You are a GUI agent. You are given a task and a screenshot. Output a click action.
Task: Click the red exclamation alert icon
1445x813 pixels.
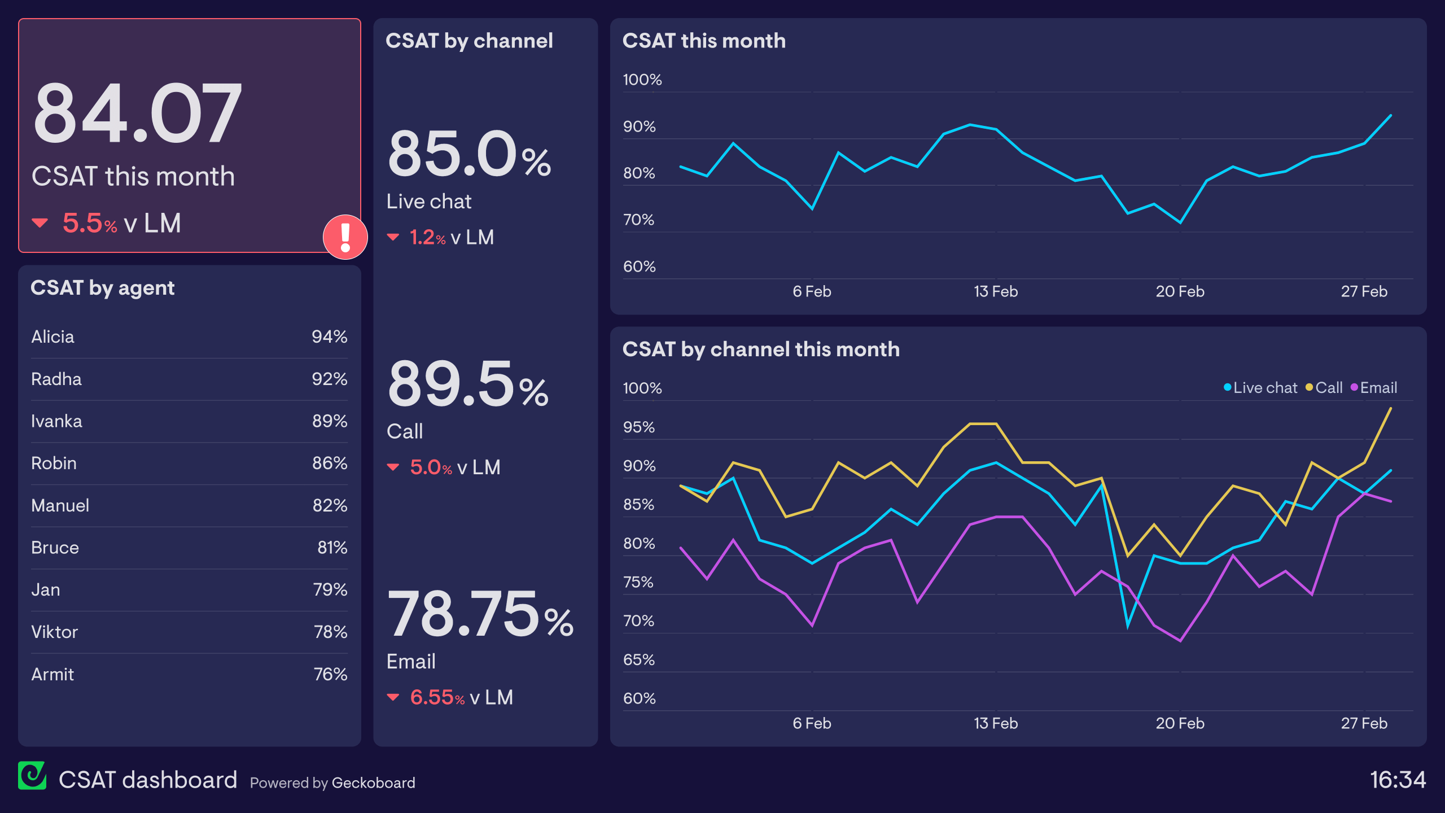click(x=345, y=237)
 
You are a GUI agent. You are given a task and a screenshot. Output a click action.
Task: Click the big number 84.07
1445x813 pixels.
click(x=137, y=113)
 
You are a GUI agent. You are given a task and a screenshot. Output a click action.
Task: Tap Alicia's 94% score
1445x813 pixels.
click(x=329, y=337)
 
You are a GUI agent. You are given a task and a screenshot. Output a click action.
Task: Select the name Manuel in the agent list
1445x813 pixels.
click(x=60, y=506)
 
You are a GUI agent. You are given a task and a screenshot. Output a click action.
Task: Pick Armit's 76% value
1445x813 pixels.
click(x=330, y=674)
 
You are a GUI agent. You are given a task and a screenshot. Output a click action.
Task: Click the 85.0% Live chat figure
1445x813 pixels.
click(x=468, y=154)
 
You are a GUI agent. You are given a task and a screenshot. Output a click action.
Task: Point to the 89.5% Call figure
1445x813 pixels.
click(x=467, y=384)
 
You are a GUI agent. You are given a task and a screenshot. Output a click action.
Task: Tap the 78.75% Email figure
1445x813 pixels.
click(x=480, y=614)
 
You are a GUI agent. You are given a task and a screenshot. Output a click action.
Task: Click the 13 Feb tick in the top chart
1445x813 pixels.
click(x=996, y=292)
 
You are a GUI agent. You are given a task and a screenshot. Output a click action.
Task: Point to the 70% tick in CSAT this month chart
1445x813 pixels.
click(x=638, y=220)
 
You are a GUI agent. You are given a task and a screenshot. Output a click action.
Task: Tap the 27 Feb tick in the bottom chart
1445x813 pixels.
click(x=1364, y=724)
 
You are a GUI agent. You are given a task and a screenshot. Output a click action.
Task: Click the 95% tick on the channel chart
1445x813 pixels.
click(x=638, y=427)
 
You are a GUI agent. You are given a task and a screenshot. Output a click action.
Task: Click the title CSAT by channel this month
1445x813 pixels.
click(x=760, y=349)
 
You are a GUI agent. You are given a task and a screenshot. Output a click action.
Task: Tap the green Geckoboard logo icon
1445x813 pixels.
click(x=32, y=776)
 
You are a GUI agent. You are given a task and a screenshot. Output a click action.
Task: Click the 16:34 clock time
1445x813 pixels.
click(x=1398, y=780)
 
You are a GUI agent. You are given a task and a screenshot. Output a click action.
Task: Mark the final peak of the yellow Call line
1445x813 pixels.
click(x=1390, y=408)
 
